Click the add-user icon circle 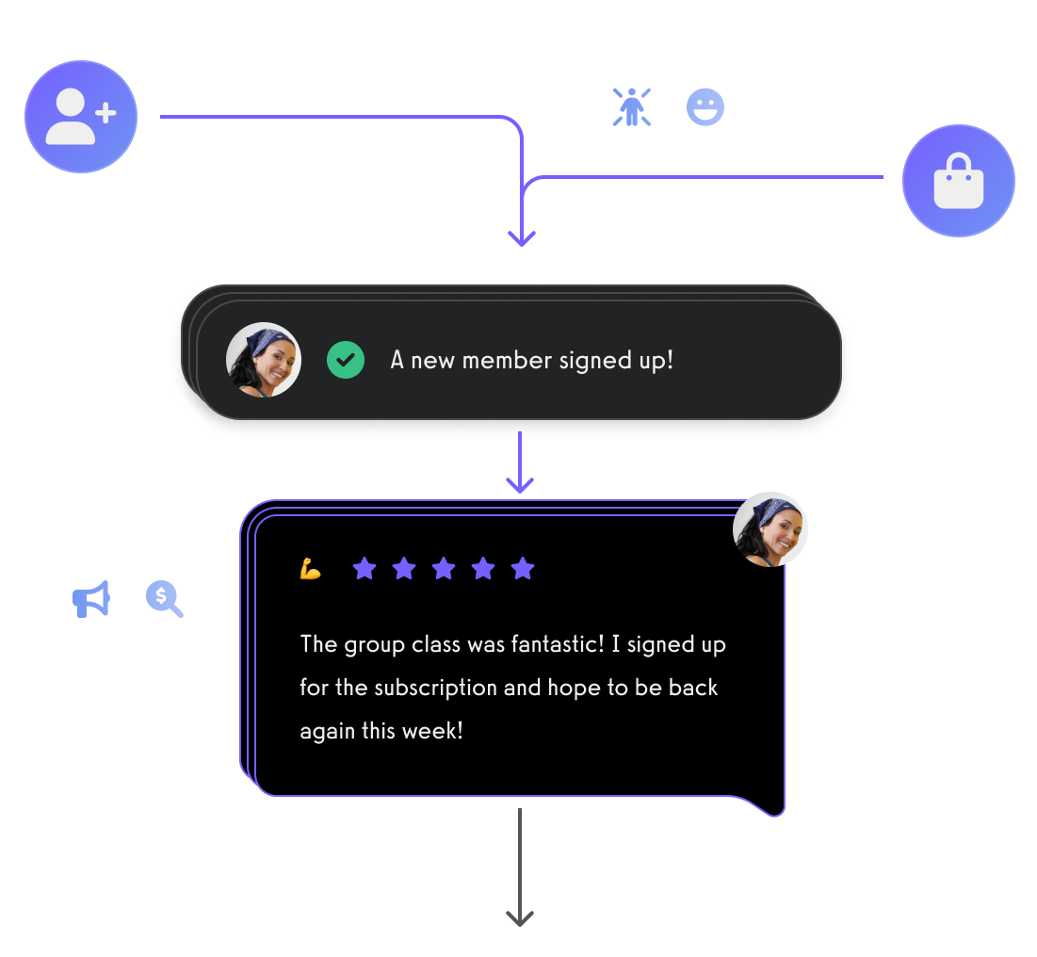(x=81, y=117)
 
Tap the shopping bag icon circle (x=958, y=181)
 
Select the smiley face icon (x=705, y=107)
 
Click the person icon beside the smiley (x=631, y=107)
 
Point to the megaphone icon (x=91, y=599)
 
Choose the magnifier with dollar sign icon (x=164, y=598)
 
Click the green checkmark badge (x=346, y=360)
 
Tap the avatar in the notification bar (x=264, y=360)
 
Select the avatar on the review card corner (x=770, y=529)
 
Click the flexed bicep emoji (x=311, y=569)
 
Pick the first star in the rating (x=365, y=568)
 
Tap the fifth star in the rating (x=523, y=568)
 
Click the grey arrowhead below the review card (x=520, y=916)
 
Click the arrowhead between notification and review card (x=520, y=483)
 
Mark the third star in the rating (x=444, y=568)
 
